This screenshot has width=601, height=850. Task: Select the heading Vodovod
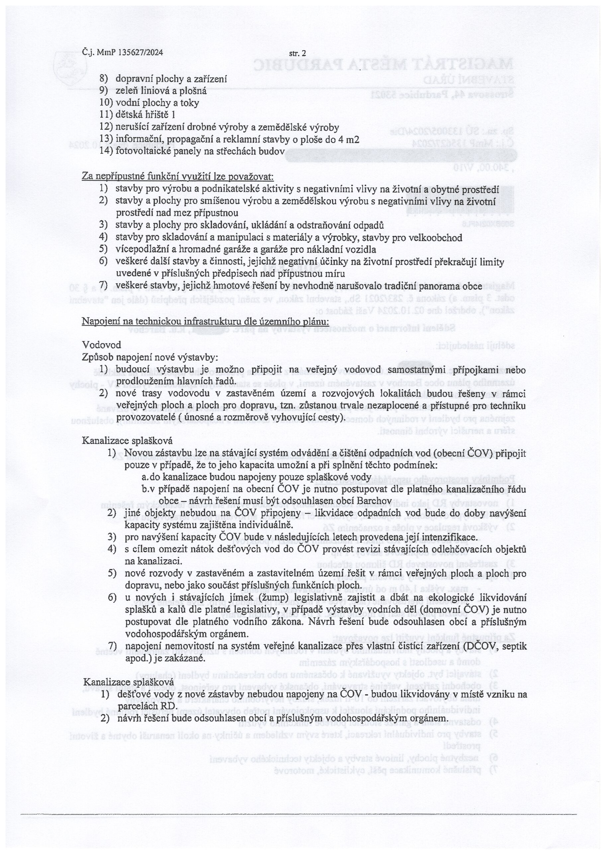coord(102,345)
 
